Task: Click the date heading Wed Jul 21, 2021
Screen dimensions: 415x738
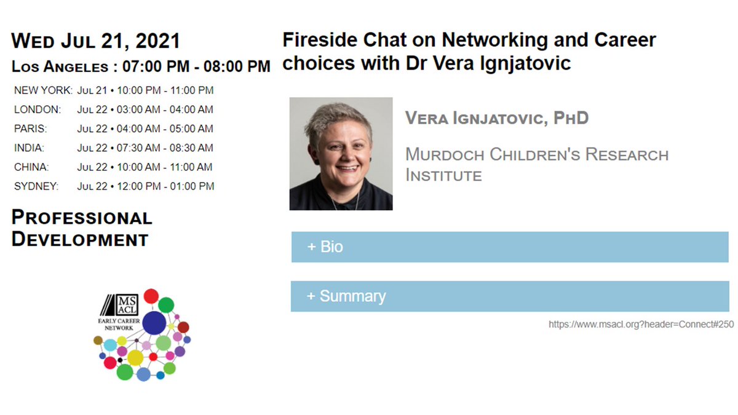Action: [x=96, y=41]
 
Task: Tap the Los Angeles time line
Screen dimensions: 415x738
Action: [x=141, y=66]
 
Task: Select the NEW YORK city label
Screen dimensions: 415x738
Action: [x=43, y=90]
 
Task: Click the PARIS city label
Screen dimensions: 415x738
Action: [x=30, y=128]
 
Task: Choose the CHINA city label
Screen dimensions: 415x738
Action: [x=31, y=167]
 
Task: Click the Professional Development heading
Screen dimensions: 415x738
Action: [x=82, y=228]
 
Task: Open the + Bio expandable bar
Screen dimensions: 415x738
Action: [x=509, y=247]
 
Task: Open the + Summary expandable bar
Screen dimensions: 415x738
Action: [x=509, y=296]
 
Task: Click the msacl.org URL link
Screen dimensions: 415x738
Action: [x=641, y=325]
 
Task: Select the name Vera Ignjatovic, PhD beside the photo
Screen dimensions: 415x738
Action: [x=497, y=117]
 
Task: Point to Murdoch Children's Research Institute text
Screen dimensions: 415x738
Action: [x=536, y=164]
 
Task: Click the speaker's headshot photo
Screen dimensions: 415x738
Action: [x=341, y=154]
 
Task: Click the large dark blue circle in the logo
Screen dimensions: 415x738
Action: [x=155, y=323]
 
